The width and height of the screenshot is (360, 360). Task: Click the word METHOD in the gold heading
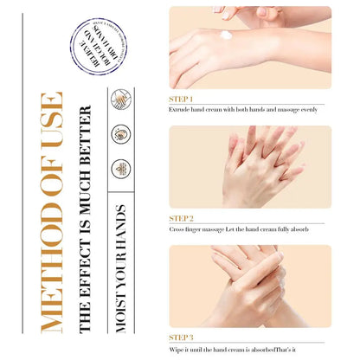[51, 276]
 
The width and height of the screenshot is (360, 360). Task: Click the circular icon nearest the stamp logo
[121, 99]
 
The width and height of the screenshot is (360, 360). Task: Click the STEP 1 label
[181, 99]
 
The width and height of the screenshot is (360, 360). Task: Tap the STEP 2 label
[181, 217]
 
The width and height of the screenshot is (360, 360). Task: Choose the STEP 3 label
[181, 337]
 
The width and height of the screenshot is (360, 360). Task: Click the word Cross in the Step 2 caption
[177, 229]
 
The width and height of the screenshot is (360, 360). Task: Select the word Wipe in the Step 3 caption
[177, 349]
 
